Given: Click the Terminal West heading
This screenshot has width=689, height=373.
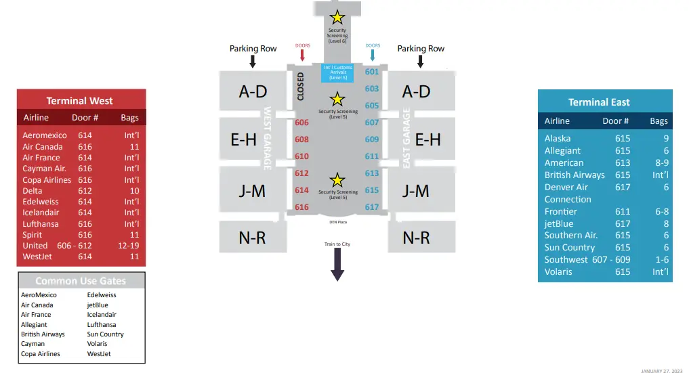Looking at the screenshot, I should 79,101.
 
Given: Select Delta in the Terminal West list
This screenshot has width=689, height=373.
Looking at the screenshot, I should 33,191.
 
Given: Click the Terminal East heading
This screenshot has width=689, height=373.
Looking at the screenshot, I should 599,102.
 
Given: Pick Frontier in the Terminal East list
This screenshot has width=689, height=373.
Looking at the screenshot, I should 561,211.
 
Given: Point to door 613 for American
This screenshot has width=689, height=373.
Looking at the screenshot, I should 622,162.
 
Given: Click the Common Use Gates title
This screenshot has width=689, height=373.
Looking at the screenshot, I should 81,281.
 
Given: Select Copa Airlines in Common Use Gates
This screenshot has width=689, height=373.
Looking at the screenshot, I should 40,354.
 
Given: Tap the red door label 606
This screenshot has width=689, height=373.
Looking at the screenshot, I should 301,123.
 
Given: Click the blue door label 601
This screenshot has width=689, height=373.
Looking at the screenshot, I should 372,72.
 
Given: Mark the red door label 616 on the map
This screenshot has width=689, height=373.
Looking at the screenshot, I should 301,207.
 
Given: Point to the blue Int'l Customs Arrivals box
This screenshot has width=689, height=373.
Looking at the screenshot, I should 337,73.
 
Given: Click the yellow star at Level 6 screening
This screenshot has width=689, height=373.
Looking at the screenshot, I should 337,18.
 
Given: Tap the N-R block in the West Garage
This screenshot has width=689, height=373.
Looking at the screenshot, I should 252,238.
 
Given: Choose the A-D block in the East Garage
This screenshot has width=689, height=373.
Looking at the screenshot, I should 416,91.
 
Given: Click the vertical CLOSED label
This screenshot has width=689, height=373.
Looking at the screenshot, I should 301,87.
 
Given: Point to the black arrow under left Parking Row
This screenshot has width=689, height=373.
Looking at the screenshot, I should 253,62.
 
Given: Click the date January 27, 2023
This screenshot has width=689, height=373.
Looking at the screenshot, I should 661,370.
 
